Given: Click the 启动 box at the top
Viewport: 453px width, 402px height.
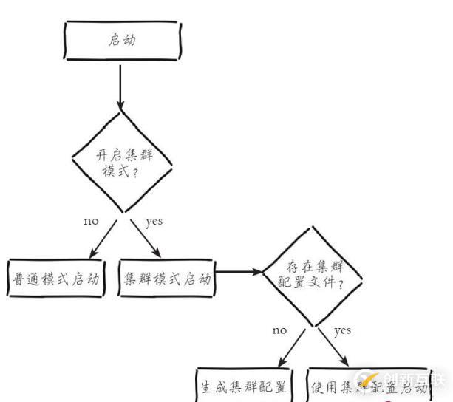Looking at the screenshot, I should [x=121, y=40].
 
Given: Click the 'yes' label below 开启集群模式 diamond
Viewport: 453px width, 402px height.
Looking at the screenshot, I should [x=154, y=221].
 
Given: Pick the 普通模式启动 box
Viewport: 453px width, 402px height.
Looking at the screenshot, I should [x=55, y=279].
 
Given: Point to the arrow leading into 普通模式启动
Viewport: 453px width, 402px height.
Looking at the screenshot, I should [x=96, y=238].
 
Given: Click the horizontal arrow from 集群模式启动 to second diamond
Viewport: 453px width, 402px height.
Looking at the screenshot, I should [x=238, y=272].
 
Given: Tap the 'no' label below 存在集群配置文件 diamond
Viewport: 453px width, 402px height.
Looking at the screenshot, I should [x=279, y=330].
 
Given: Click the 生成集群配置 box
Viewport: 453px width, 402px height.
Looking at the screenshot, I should [x=244, y=386].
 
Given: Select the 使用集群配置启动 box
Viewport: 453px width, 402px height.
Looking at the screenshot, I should [x=367, y=386].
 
